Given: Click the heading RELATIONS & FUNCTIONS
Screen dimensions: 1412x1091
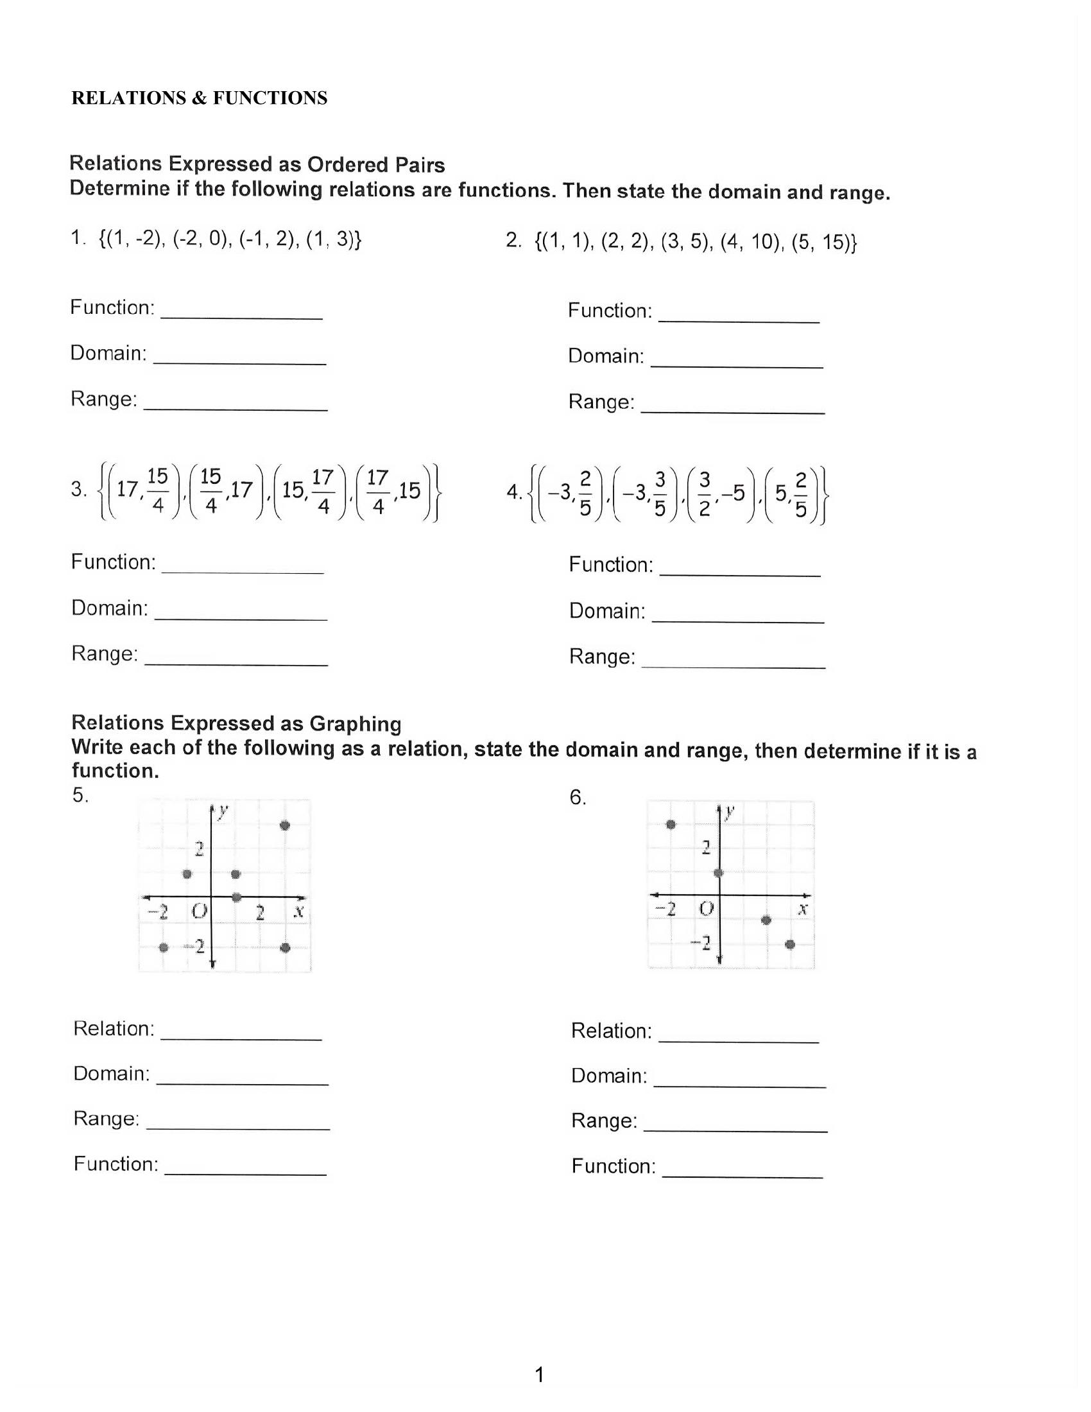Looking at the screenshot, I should tap(199, 98).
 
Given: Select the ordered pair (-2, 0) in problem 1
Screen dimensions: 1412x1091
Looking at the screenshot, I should tap(202, 239).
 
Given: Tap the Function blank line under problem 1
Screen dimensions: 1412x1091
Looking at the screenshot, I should tap(241, 316).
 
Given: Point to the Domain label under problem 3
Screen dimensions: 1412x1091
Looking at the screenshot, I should tap(110, 608).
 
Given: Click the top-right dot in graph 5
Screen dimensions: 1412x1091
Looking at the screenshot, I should tap(285, 825).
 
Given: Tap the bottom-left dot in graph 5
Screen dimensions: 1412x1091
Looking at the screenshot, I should tap(164, 947).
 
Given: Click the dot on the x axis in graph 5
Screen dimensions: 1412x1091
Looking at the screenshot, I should tap(237, 897).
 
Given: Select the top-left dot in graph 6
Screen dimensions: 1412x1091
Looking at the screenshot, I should tap(671, 824).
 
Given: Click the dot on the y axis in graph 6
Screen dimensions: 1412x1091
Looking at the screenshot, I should tap(719, 873).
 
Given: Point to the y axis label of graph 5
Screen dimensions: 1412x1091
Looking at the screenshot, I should tap(223, 811).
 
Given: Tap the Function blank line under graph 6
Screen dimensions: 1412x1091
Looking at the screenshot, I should tap(742, 1175).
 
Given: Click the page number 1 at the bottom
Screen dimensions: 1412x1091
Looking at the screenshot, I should tap(540, 1375).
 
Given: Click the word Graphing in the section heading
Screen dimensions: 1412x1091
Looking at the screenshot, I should tap(356, 723).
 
